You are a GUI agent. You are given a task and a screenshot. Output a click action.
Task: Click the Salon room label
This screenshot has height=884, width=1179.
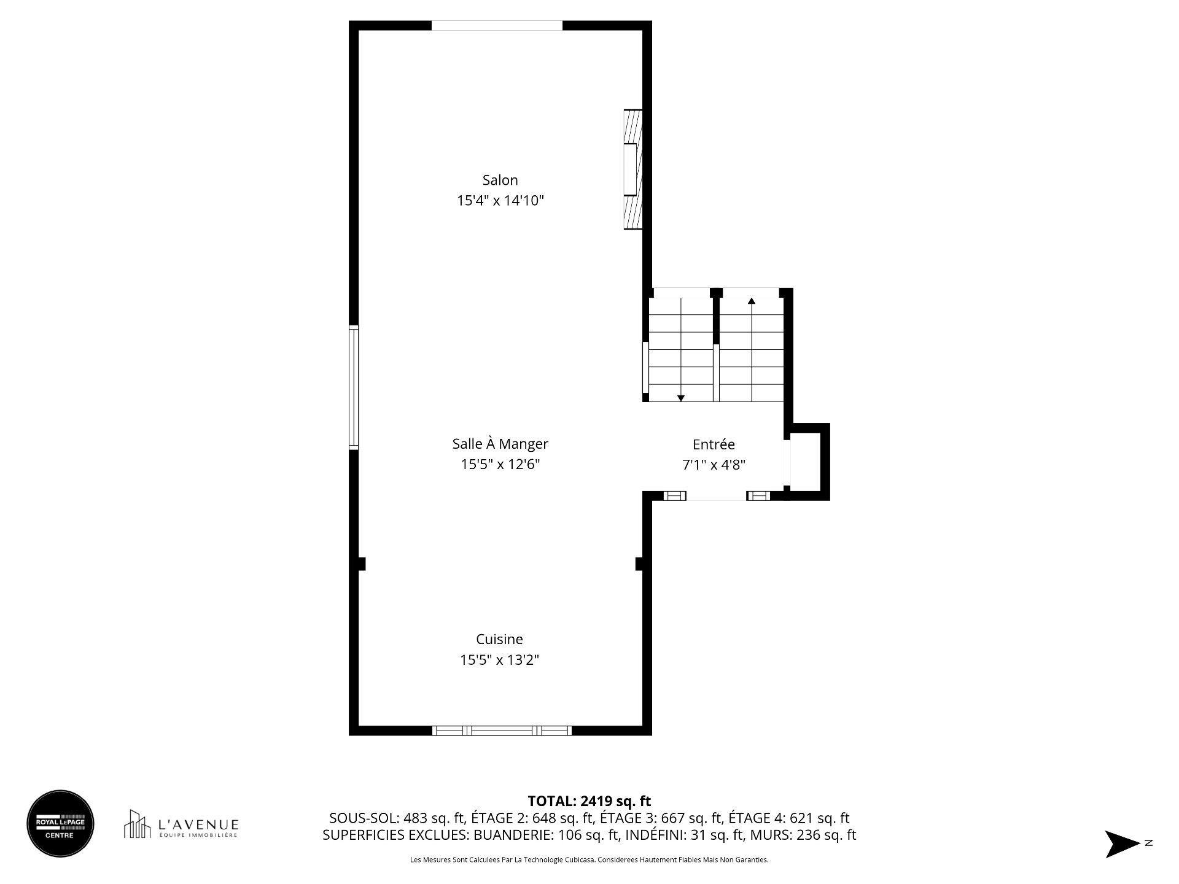(500, 180)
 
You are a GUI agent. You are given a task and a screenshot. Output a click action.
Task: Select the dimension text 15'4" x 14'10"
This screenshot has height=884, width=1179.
(500, 201)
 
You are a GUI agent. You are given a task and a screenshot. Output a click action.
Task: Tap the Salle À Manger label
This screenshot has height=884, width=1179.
(500, 443)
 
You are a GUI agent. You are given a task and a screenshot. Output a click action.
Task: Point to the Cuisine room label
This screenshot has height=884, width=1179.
(499, 639)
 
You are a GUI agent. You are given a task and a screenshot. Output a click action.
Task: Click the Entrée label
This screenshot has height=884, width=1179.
(714, 444)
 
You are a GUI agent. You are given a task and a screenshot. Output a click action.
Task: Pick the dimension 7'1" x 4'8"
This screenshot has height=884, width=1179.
(714, 465)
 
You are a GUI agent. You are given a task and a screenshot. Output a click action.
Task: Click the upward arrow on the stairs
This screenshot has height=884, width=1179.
(751, 301)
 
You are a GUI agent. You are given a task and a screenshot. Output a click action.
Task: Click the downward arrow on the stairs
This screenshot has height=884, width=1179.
(680, 398)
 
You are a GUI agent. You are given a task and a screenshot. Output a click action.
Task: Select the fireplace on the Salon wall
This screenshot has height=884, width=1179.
(633, 169)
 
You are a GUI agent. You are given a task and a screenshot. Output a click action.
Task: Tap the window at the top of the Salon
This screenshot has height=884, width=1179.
(497, 26)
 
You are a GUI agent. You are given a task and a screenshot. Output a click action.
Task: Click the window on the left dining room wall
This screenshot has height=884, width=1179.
(354, 387)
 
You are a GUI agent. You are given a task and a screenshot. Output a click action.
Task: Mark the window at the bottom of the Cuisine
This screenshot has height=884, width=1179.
(502, 731)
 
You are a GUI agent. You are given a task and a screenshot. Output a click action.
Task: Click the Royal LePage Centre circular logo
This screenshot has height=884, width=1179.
(60, 823)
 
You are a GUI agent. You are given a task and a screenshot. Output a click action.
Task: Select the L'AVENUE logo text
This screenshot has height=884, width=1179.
(198, 824)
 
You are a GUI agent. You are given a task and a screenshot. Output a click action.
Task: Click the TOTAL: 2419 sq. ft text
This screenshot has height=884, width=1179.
(589, 801)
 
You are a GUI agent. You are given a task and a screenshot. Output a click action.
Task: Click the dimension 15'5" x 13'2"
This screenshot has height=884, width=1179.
(499, 660)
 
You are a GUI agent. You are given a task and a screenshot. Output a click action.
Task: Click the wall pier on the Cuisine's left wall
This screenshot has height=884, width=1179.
(361, 564)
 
